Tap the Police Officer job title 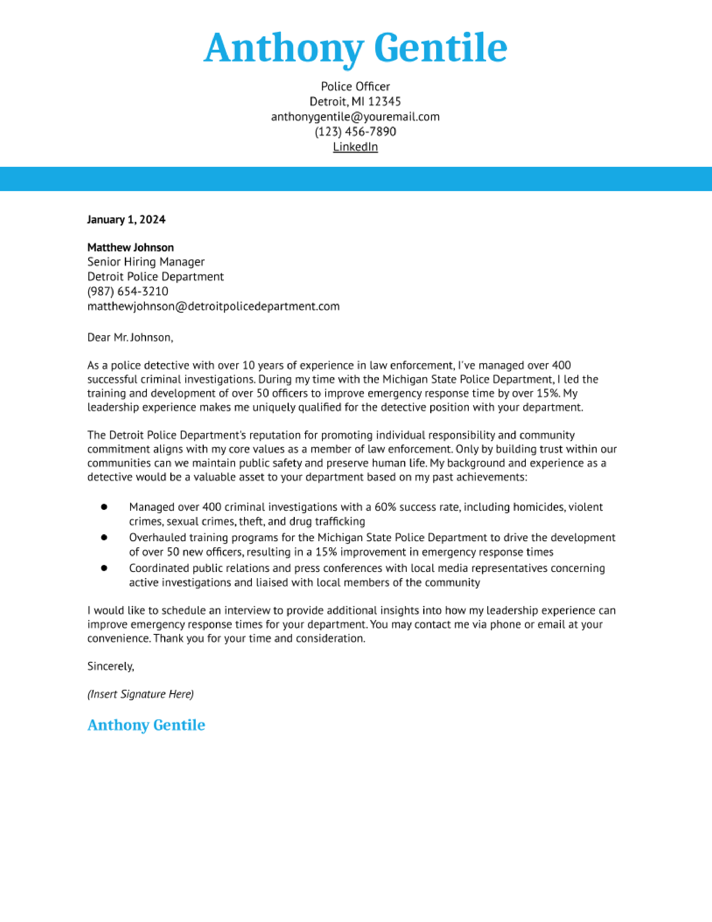pyautogui.click(x=355, y=87)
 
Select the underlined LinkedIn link pyautogui.click(x=355, y=147)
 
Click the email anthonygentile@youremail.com pyautogui.click(x=355, y=117)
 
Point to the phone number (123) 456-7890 pyautogui.click(x=355, y=132)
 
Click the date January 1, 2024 pyautogui.click(x=126, y=220)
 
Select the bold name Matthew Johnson pyautogui.click(x=130, y=247)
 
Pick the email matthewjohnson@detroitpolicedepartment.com pyautogui.click(x=213, y=306)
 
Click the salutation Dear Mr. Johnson pyautogui.click(x=130, y=337)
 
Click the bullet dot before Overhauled pyautogui.click(x=104, y=537)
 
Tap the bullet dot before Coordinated pyautogui.click(x=104, y=568)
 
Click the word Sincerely pyautogui.click(x=111, y=666)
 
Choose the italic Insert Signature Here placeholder pyautogui.click(x=140, y=694)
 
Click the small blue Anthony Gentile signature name pyautogui.click(x=146, y=725)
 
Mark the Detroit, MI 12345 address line pyautogui.click(x=355, y=102)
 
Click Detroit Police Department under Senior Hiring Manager pyautogui.click(x=155, y=277)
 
